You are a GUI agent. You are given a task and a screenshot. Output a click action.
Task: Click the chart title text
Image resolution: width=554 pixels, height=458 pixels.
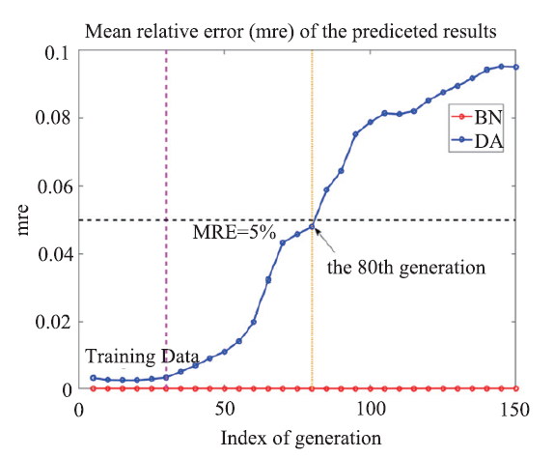(x=291, y=32)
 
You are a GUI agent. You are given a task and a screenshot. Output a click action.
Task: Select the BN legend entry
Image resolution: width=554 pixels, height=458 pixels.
(x=477, y=117)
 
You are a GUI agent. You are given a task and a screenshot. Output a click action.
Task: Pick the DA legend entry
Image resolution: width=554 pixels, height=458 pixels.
(x=477, y=141)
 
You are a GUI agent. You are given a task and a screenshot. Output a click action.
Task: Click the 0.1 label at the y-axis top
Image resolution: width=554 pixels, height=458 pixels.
(x=57, y=53)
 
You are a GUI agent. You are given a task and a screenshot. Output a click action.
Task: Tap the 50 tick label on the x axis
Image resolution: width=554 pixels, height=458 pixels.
(x=225, y=410)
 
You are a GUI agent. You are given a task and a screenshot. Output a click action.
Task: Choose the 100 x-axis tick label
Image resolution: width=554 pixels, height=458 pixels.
(x=371, y=410)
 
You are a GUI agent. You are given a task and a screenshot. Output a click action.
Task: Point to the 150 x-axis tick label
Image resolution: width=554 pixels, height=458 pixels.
(x=515, y=410)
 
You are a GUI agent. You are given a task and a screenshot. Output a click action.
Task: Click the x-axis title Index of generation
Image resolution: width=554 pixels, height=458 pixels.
(x=301, y=439)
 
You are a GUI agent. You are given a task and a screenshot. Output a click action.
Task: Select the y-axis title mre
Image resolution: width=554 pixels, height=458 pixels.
(x=22, y=220)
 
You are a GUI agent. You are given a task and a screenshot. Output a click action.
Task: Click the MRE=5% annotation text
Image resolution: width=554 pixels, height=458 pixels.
(x=234, y=233)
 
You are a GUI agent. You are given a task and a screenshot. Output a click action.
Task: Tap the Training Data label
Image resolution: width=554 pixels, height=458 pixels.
(x=142, y=357)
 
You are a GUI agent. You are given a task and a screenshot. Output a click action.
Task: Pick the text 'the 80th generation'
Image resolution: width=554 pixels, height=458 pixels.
(x=406, y=268)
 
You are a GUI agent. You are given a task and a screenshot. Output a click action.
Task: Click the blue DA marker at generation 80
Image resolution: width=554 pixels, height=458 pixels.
(x=312, y=226)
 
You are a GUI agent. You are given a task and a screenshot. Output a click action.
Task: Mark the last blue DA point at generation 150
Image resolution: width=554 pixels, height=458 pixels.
(x=515, y=68)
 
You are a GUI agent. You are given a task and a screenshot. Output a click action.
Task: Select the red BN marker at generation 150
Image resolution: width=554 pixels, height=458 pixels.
(x=515, y=388)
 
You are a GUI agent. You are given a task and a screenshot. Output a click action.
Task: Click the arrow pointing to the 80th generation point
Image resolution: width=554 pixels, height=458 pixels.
(x=325, y=241)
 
